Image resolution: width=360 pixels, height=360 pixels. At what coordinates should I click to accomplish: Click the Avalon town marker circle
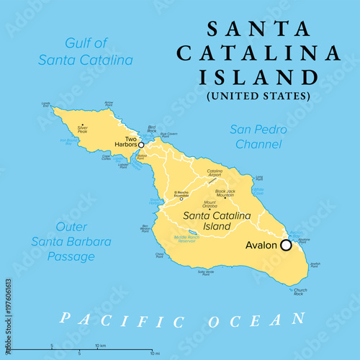(x=286, y=245)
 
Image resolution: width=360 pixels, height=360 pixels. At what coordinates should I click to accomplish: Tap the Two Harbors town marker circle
(x=141, y=145)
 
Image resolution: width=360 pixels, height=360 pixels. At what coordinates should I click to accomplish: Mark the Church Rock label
(x=300, y=292)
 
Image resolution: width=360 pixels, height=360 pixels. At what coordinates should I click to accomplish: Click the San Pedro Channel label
(x=258, y=138)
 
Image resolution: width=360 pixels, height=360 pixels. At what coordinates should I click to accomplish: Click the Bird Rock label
(x=151, y=128)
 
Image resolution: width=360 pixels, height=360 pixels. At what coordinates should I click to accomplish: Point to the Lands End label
(x=47, y=104)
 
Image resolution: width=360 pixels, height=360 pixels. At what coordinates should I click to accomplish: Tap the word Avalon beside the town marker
(x=261, y=246)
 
